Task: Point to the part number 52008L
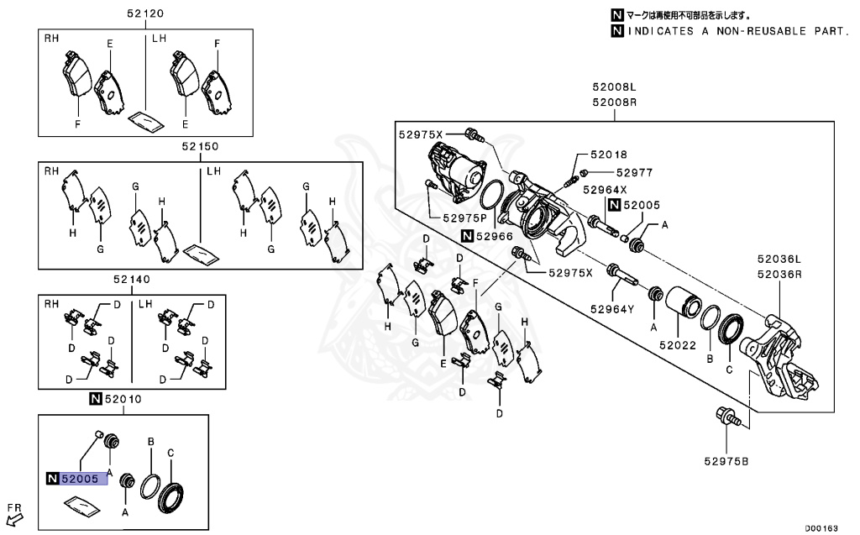[x=614, y=87]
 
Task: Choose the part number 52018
[x=609, y=155]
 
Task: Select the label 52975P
[x=468, y=217]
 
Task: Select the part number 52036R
[x=779, y=274]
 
